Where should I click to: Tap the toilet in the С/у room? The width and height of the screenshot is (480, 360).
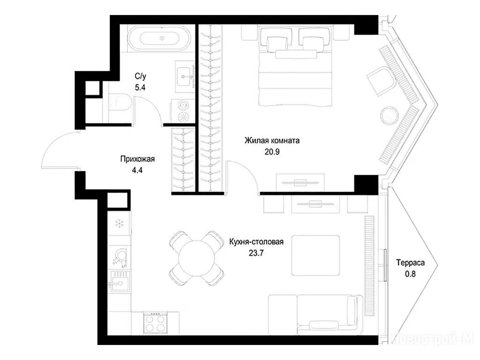(120, 103)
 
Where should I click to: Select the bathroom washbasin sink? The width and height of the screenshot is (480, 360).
(185, 76)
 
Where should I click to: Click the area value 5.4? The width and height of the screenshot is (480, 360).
(140, 88)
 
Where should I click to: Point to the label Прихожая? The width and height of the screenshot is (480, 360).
(137, 159)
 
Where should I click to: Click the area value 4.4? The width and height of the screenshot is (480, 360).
(137, 170)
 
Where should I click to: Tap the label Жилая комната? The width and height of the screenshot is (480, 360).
(272, 141)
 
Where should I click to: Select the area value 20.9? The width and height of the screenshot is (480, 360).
(272, 151)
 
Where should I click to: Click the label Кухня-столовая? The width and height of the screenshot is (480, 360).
(256, 242)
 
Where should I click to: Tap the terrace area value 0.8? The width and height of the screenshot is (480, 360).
(411, 274)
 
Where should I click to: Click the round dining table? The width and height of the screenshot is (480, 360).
(197, 259)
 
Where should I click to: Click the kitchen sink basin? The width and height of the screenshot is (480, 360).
(120, 281)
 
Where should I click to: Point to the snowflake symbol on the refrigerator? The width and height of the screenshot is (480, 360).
(119, 224)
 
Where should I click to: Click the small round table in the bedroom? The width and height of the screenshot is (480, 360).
(390, 115)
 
